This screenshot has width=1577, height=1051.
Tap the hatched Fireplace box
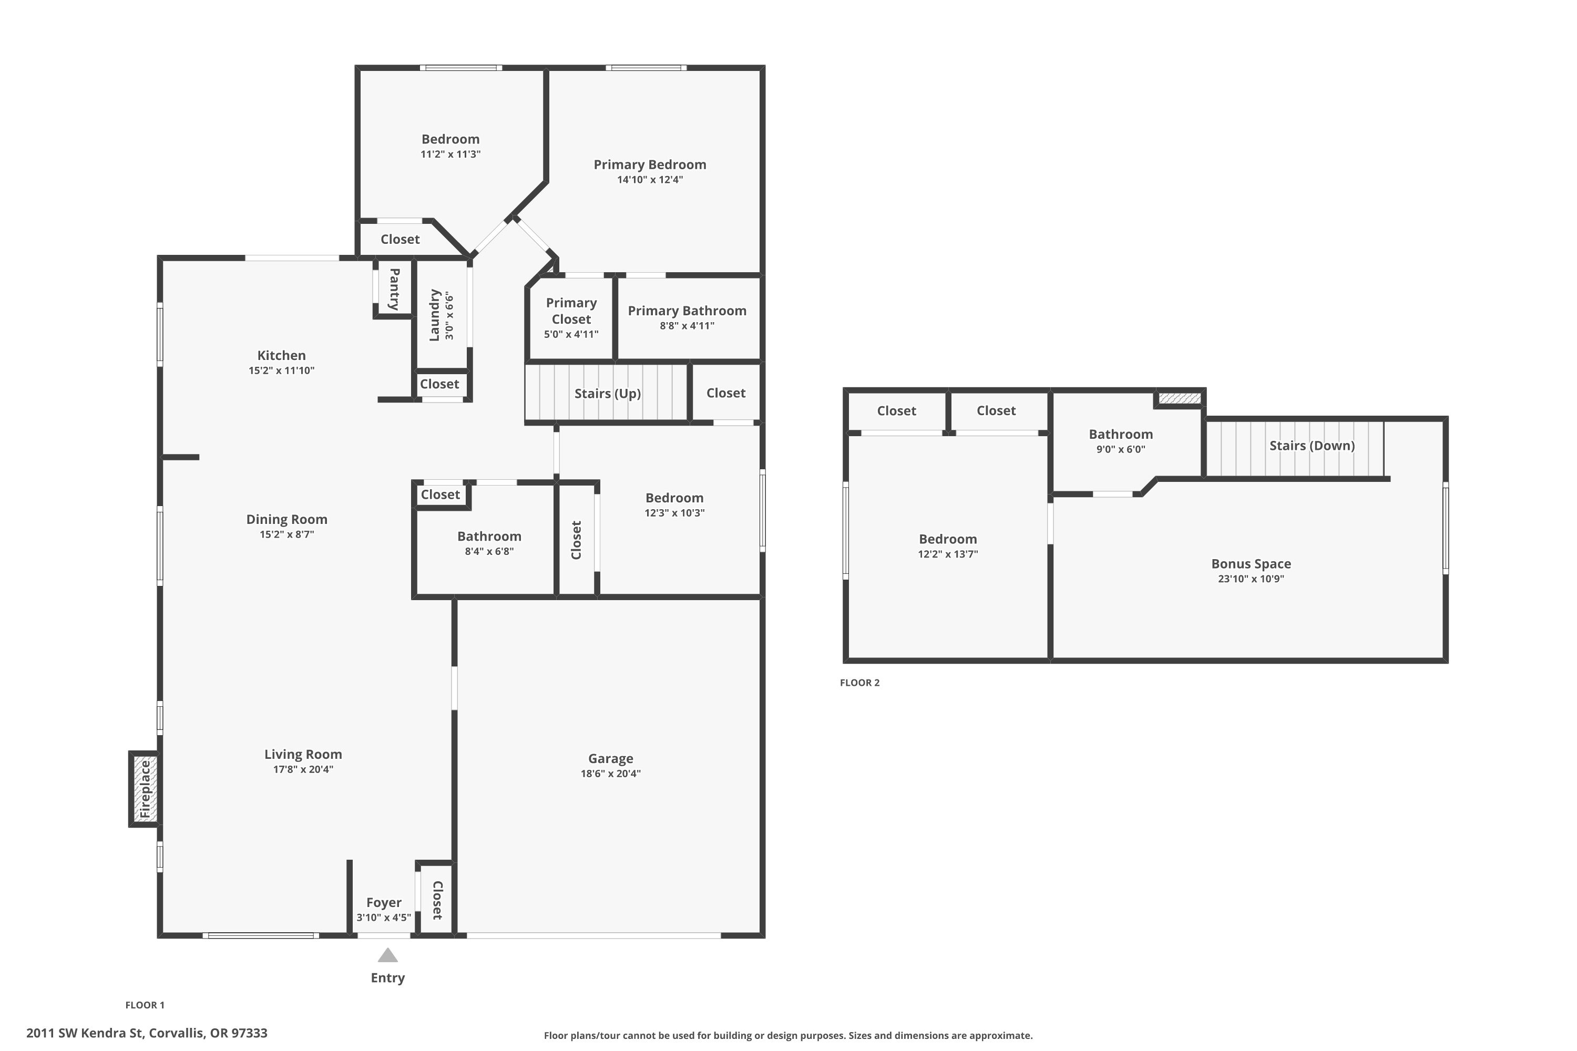145,789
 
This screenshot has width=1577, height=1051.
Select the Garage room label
610,758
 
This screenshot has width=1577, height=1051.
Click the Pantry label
394,289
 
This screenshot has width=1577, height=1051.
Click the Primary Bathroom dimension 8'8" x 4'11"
687,326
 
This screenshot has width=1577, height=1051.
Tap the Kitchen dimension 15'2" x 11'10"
282,370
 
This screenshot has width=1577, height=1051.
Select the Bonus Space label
1251,564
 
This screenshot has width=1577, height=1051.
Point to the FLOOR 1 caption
145,1005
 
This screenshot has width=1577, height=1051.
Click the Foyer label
384,902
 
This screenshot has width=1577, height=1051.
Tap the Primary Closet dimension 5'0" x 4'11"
571,334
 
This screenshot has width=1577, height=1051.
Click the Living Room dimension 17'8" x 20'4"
303,769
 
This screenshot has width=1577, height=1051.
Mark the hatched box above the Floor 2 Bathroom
1180,398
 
